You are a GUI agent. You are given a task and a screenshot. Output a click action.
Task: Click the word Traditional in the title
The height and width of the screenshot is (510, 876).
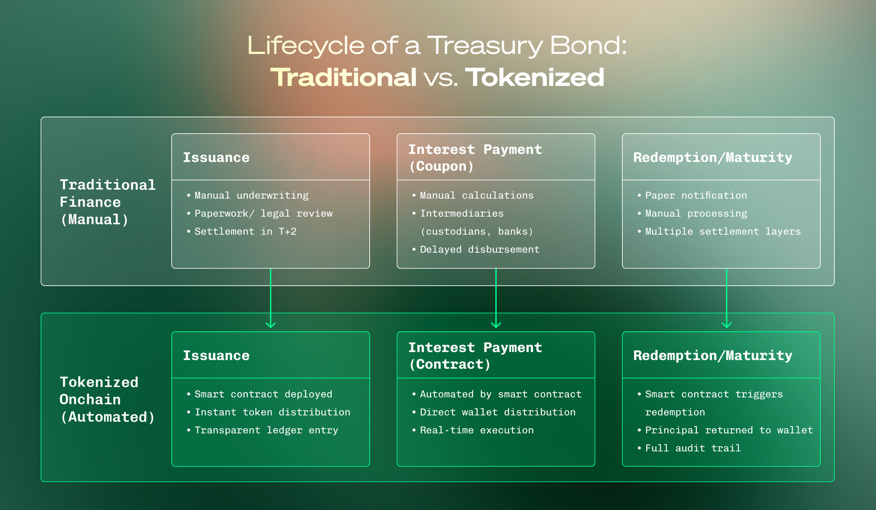click(x=343, y=78)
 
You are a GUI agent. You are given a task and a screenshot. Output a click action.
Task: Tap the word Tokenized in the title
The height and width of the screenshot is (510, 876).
click(x=534, y=78)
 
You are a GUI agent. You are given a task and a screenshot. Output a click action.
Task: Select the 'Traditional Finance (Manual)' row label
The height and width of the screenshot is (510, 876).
click(x=107, y=202)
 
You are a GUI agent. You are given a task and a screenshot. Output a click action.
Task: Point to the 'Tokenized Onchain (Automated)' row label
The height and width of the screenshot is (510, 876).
click(x=107, y=400)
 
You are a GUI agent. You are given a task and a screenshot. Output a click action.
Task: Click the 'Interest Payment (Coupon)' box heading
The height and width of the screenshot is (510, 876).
click(x=475, y=158)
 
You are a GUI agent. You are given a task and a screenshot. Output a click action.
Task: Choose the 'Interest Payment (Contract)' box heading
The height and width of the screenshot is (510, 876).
click(x=475, y=356)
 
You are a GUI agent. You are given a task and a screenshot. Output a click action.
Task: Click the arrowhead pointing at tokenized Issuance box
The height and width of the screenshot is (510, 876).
click(x=271, y=325)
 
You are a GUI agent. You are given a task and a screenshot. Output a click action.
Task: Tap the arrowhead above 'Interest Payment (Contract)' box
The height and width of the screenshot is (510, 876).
click(x=496, y=325)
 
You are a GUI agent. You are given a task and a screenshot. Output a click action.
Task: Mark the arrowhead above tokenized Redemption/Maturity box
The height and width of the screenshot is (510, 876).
click(x=727, y=325)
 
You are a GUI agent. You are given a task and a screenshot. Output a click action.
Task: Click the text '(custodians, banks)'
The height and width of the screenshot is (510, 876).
click(x=477, y=231)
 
